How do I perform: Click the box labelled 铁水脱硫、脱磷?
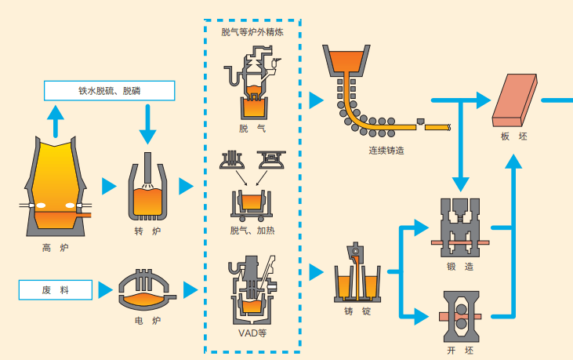click(x=109, y=91)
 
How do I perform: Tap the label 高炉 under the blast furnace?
click(x=56, y=249)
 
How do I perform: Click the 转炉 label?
click(x=147, y=231)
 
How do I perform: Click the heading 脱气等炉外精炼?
click(x=252, y=33)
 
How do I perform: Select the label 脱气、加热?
click(x=252, y=231)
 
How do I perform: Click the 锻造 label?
click(x=459, y=266)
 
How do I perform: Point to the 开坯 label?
click(x=459, y=351)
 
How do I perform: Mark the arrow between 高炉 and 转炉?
click(x=108, y=187)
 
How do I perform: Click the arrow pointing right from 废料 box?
click(x=105, y=290)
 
